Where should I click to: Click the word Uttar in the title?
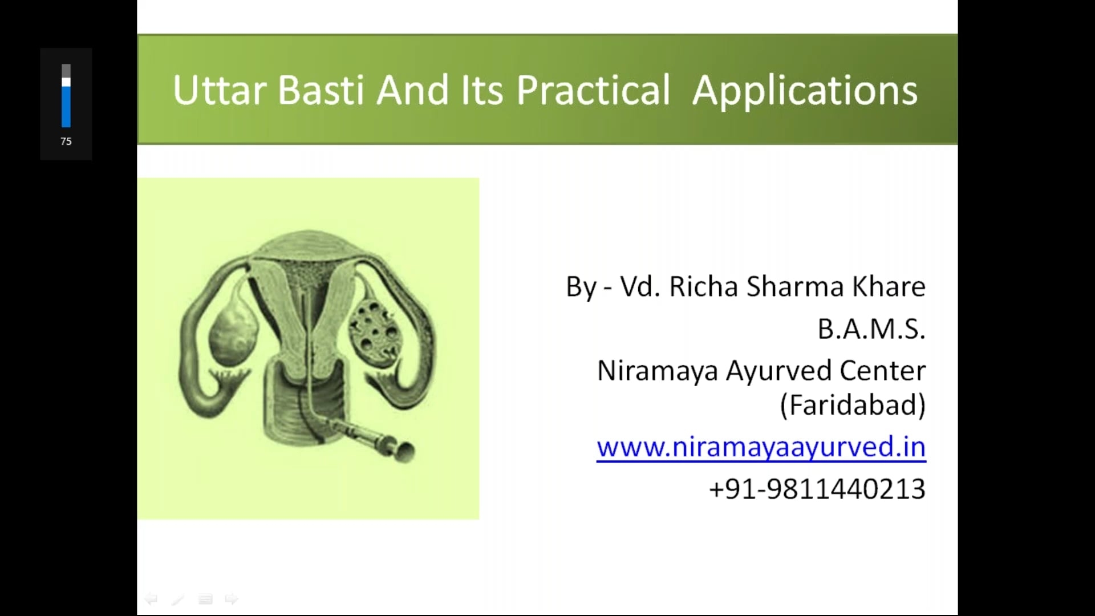220,90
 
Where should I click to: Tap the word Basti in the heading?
321,90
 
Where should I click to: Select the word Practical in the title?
594,90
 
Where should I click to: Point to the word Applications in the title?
805,91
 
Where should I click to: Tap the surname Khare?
889,286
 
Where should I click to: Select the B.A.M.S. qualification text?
871,329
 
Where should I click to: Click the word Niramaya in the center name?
658,371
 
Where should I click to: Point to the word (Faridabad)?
853,405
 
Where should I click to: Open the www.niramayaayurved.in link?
761,447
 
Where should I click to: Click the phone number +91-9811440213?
817,489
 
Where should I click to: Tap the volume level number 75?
66,141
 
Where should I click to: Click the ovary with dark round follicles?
375,332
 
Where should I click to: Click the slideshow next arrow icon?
232,599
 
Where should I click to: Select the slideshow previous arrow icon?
151,599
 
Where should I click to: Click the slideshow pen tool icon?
178,599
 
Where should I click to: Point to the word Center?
883,371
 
